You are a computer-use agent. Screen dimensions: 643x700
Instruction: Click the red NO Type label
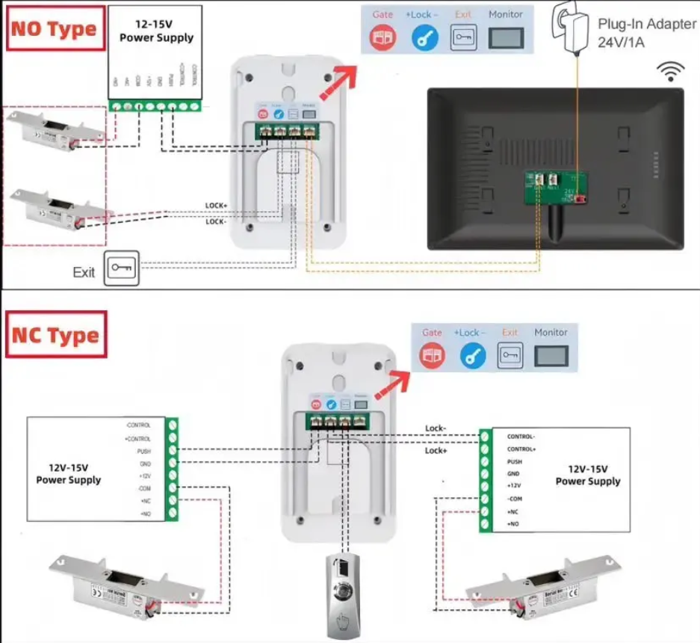tap(54, 30)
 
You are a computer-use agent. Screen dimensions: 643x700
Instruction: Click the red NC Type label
tap(55, 335)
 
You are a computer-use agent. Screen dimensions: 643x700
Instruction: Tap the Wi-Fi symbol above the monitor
tap(670, 72)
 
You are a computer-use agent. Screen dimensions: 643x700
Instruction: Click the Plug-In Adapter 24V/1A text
tap(646, 33)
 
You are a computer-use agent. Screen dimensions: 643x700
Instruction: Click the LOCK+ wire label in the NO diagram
tap(216, 205)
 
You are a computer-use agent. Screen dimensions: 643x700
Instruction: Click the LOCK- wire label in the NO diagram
tap(216, 221)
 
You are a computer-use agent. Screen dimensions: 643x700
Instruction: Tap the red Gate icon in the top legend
tap(383, 38)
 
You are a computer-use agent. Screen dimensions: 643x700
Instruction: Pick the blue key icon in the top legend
tap(424, 38)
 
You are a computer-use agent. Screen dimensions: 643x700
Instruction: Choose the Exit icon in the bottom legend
tap(511, 354)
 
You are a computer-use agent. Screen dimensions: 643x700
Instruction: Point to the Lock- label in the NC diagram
tap(436, 428)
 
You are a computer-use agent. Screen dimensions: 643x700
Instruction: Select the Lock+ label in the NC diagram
tap(436, 451)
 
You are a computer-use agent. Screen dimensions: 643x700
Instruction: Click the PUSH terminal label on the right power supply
tap(515, 461)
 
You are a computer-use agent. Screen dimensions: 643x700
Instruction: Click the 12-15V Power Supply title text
tap(156, 31)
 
